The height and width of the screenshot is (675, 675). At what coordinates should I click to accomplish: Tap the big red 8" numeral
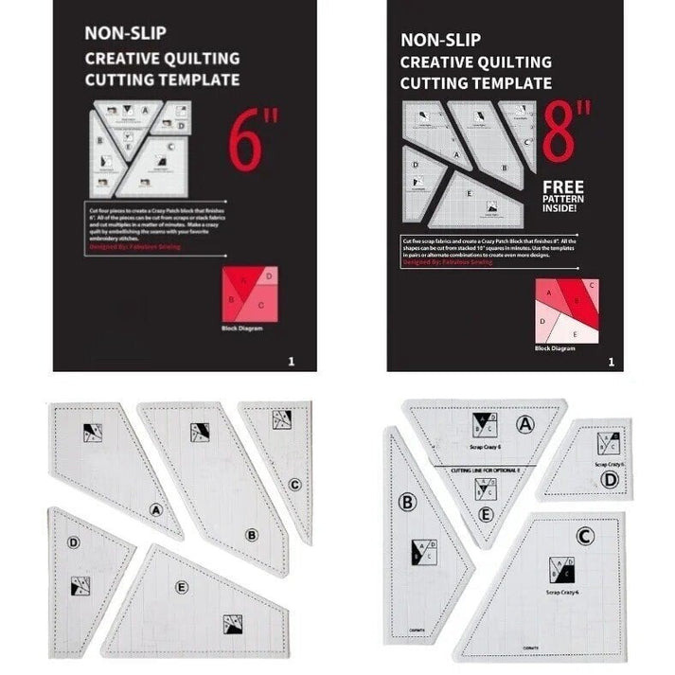pyautogui.click(x=569, y=133)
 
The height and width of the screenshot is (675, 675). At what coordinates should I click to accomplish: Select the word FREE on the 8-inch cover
pyautogui.click(x=563, y=187)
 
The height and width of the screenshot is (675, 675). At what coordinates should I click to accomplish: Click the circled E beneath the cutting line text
pyautogui.click(x=486, y=514)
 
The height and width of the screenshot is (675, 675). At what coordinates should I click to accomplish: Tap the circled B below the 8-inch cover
pyautogui.click(x=408, y=502)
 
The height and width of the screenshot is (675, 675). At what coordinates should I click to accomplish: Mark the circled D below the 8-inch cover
pyautogui.click(x=610, y=480)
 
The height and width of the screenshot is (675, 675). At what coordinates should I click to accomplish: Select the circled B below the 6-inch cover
pyautogui.click(x=252, y=535)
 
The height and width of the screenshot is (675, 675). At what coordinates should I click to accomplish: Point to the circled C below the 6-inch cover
pyautogui.click(x=295, y=485)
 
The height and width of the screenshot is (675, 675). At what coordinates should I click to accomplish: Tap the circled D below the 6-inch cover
pyautogui.click(x=74, y=542)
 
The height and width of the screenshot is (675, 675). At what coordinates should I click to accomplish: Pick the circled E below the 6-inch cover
pyautogui.click(x=181, y=587)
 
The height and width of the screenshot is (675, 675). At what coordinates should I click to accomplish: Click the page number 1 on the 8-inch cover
pyautogui.click(x=612, y=361)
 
